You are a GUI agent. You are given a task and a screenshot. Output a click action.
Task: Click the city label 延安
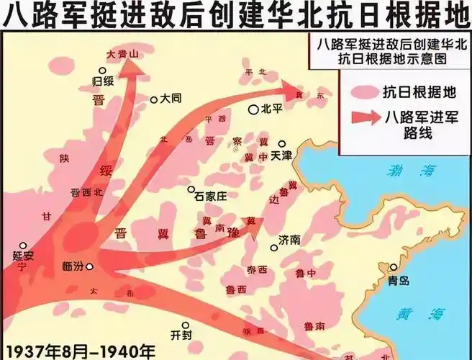24,256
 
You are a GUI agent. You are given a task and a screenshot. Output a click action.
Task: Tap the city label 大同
171,98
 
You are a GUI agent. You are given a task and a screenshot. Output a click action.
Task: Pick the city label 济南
291,238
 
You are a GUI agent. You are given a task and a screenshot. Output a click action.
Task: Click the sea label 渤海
401,171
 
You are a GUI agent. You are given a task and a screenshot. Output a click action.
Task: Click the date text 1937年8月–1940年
78,351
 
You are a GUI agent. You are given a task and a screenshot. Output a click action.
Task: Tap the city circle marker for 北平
253,109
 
